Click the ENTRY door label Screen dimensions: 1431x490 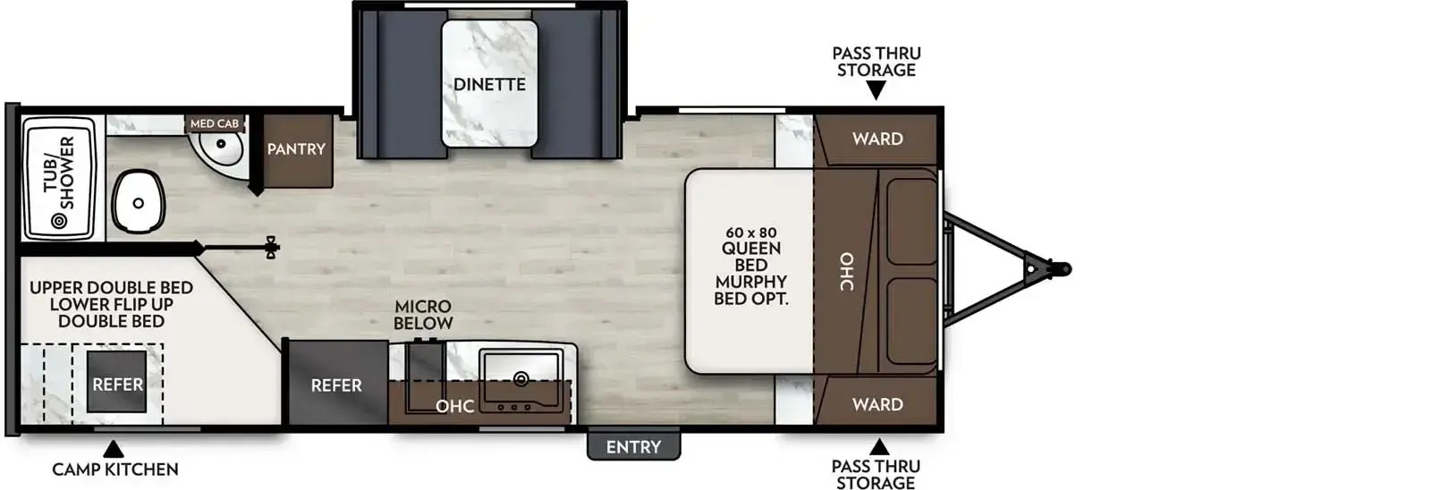point(633,446)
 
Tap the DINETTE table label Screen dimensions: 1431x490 point(489,84)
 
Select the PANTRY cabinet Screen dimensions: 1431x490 point(296,151)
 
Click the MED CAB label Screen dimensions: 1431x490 point(215,123)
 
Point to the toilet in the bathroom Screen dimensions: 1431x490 point(138,202)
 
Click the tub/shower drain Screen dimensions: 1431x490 point(59,221)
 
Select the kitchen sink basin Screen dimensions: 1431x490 point(521,369)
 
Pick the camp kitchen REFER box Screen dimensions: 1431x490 point(117,384)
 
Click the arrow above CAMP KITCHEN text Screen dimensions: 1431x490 point(114,449)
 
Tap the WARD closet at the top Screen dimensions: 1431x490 point(876,139)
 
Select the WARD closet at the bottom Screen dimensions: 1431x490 point(876,401)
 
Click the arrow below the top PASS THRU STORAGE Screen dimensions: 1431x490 point(876,91)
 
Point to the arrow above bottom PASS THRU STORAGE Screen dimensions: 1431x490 point(878,446)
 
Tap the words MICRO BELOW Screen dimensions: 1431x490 point(423,315)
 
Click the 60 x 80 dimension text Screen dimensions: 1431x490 point(750,232)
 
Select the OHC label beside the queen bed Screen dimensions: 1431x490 point(846,272)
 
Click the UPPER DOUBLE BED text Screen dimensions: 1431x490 point(111,288)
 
